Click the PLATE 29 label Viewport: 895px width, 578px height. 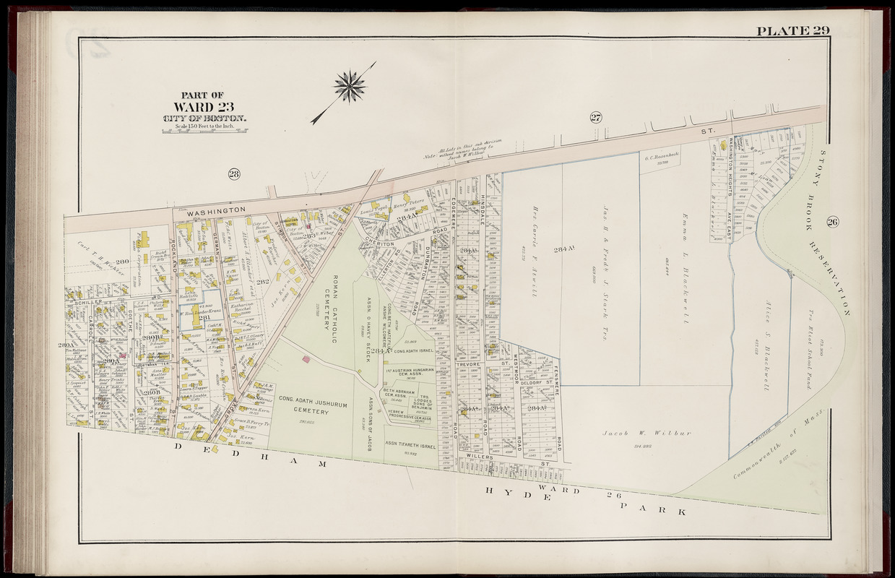pos(792,30)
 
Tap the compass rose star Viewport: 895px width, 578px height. pos(350,87)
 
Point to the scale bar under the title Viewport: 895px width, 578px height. pos(204,131)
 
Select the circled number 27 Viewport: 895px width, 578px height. pos(596,117)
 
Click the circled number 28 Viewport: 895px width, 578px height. pos(233,173)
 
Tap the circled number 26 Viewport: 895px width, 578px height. pos(832,222)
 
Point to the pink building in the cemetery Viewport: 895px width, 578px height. pos(306,359)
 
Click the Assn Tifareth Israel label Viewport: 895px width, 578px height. pos(410,446)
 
